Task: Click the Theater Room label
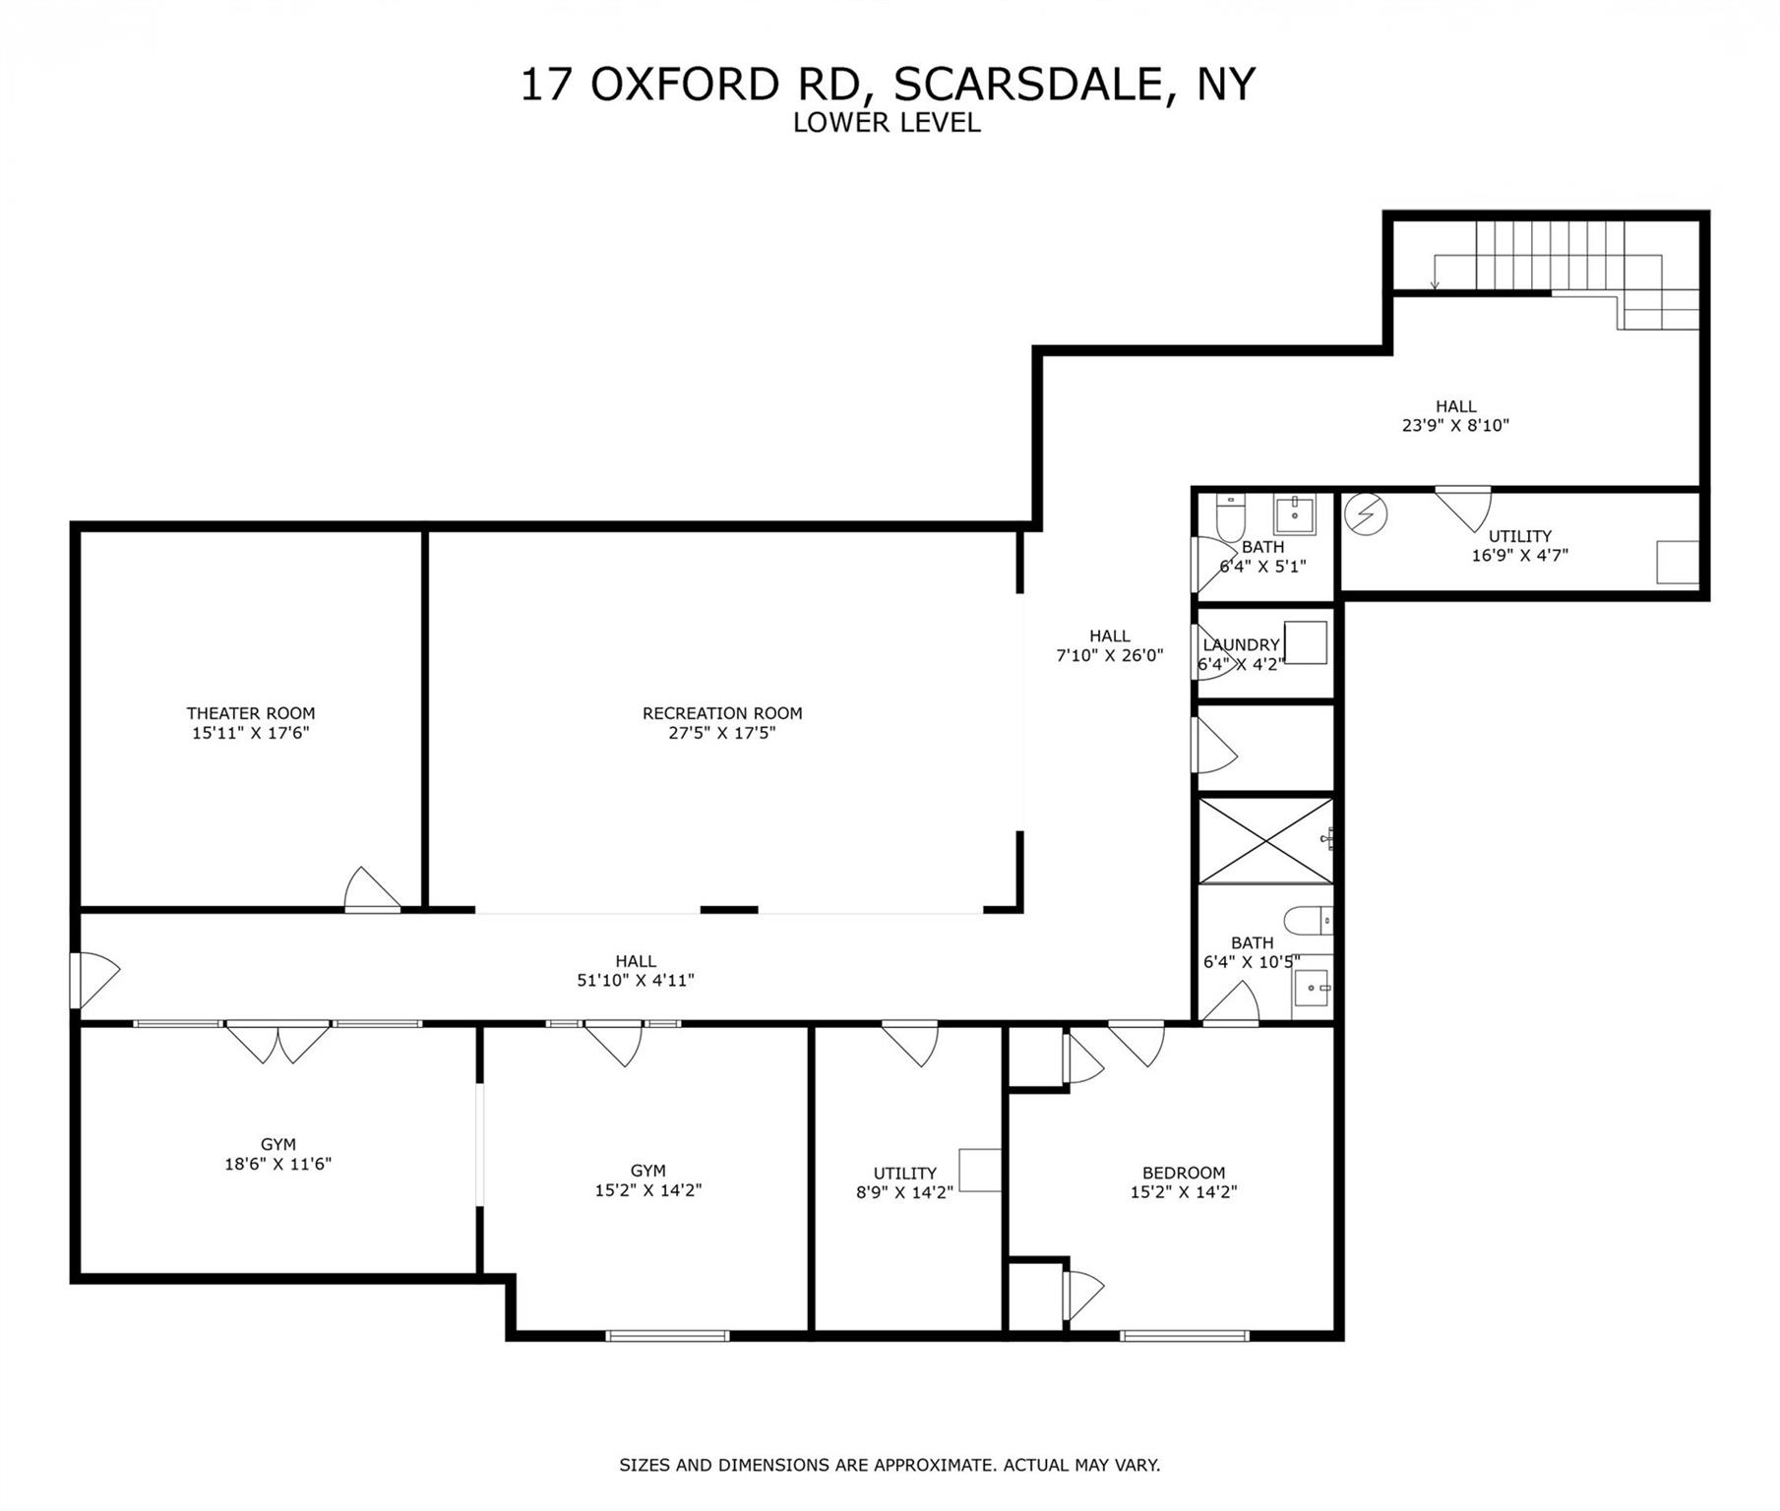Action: tap(251, 713)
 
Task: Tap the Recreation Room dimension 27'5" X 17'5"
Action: tap(722, 733)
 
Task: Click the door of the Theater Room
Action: tap(371, 890)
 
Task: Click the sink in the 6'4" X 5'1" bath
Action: tap(1295, 514)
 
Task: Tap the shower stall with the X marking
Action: tap(1264, 841)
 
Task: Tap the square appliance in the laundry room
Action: tap(1305, 643)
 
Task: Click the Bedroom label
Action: tap(1184, 1173)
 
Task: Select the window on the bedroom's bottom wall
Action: tap(1184, 1336)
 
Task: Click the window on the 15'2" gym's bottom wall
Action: tap(667, 1336)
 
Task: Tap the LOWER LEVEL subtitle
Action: tap(887, 123)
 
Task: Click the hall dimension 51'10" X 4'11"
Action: tap(636, 980)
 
